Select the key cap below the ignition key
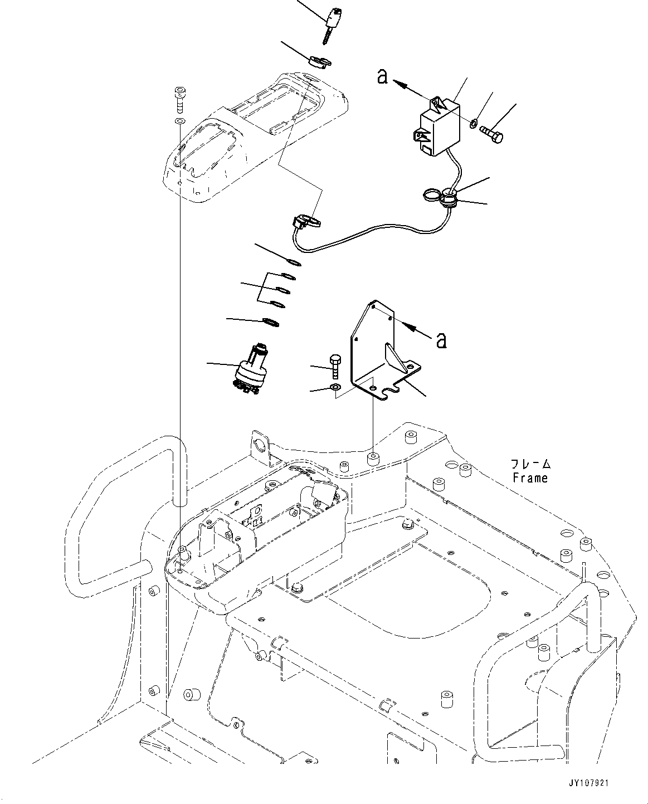click(318, 61)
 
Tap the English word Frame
click(530, 477)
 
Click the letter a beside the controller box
click(382, 76)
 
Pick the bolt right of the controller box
click(491, 134)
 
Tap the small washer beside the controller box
click(474, 122)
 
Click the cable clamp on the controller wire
click(449, 197)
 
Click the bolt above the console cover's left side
click(179, 99)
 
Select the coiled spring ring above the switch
click(270, 322)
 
